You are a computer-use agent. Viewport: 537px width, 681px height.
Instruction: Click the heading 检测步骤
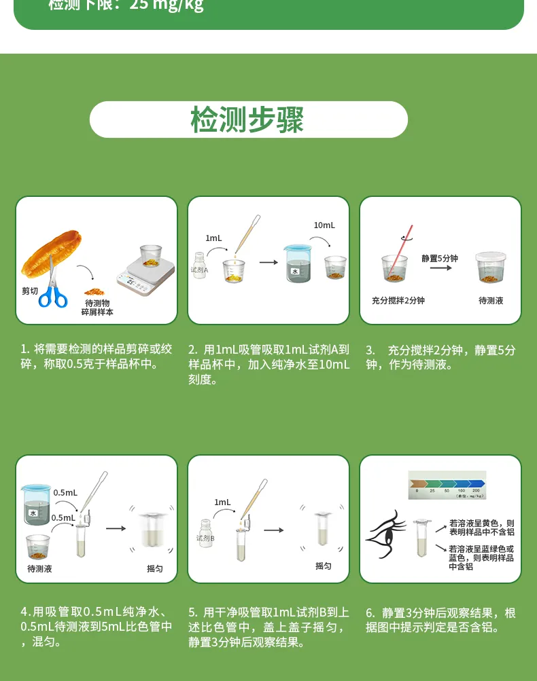point(247,120)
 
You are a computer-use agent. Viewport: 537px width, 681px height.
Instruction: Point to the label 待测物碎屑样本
point(97,308)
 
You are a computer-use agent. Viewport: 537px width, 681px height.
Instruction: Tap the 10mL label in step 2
point(324,225)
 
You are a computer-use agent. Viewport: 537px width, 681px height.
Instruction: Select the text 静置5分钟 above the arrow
point(440,259)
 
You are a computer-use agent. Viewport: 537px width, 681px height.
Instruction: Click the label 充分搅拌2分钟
point(398,301)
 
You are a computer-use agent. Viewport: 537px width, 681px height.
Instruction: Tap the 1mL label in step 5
point(222,502)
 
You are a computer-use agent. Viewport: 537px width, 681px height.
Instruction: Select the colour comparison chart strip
point(447,485)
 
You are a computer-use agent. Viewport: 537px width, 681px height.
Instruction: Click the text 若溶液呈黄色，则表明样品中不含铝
point(481,528)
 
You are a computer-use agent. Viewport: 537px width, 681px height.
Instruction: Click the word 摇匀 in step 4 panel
point(155,568)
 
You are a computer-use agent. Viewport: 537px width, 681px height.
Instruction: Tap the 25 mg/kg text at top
point(167,6)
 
